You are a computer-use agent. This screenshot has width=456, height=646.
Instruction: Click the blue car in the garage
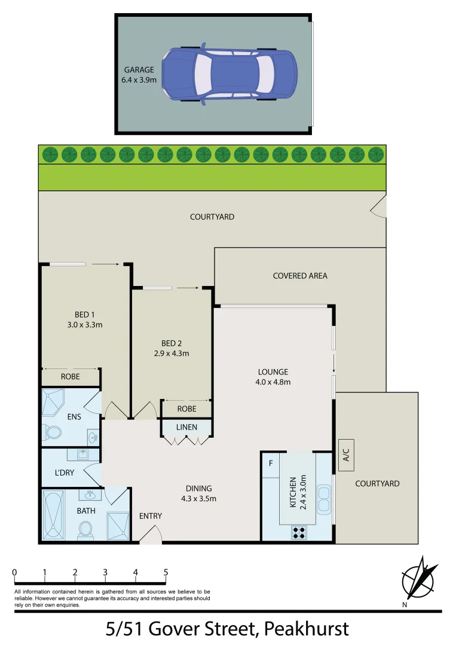[229, 75]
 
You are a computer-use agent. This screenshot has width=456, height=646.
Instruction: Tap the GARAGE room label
[140, 69]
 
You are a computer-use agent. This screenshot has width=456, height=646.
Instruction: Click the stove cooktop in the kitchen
[299, 532]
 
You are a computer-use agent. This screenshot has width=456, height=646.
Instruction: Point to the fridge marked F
[271, 463]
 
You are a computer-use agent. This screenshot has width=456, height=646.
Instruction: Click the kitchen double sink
[324, 499]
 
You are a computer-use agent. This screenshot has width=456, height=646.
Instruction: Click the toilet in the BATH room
[85, 529]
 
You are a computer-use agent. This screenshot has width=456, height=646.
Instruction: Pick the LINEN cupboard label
[186, 427]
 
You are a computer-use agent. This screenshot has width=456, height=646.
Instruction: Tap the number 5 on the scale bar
[166, 572]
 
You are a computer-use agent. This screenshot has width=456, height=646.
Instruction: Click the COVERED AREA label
[300, 276]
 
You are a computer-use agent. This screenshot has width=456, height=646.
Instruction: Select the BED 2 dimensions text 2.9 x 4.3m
[172, 353]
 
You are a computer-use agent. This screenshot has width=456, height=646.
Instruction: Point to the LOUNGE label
[274, 371]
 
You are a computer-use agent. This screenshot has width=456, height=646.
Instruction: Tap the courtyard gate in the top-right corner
[379, 208]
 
